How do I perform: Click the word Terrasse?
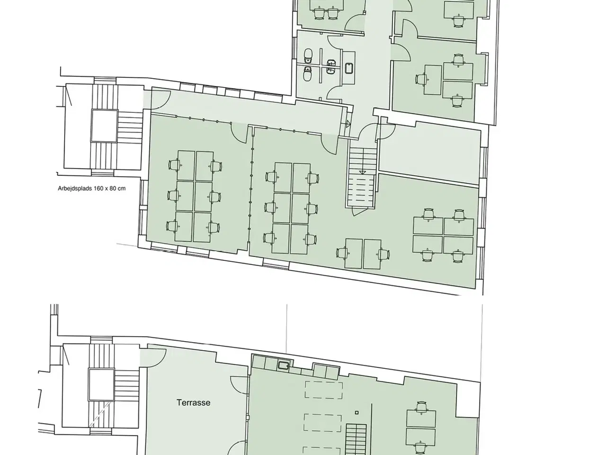[x=193, y=402]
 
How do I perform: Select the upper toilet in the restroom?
[x=308, y=55]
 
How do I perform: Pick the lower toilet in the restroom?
[x=308, y=74]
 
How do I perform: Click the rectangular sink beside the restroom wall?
[x=349, y=68]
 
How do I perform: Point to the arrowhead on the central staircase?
[x=363, y=173]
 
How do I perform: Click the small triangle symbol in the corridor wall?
[x=348, y=124]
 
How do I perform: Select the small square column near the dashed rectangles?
[x=356, y=413]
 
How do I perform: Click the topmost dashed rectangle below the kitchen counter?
[x=323, y=390]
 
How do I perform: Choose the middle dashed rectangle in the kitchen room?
[x=323, y=423]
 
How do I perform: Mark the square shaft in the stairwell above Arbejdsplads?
[x=104, y=126]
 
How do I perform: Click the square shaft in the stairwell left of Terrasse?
[x=101, y=384]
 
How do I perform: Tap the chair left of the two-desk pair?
[x=342, y=253]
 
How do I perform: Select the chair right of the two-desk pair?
[x=383, y=255]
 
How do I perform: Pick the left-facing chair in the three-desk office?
[x=421, y=80]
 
